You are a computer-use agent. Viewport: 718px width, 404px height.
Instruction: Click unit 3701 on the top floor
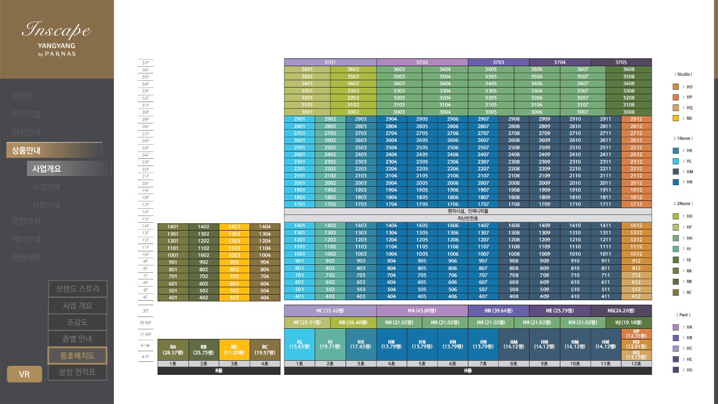pos(330,62)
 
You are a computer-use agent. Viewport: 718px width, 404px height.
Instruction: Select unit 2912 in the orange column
pos(636,120)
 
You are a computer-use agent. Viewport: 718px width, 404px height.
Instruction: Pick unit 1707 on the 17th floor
pos(483,204)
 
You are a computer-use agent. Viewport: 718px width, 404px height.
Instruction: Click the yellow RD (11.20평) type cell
pos(234,350)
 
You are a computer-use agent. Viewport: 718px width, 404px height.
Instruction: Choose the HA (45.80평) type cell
pos(422,310)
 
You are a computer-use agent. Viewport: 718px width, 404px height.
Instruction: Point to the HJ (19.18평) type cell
pos(629,323)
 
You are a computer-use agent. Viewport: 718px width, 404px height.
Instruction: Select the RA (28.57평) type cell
pos(173,350)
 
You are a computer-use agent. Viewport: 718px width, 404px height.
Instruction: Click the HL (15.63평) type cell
pos(299,344)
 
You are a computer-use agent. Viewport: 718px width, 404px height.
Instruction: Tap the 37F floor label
pos(145,63)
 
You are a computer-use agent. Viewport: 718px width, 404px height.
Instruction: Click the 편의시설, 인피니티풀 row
pos(468,212)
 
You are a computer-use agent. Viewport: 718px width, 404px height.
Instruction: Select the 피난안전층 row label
pos(468,218)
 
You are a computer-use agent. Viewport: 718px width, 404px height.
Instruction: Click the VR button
pos(24,374)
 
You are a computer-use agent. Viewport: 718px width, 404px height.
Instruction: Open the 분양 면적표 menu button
pos(77,372)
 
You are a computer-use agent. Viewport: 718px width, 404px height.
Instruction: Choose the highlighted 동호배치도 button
pos(77,356)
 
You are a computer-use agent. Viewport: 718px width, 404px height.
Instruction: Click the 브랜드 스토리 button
pos(77,289)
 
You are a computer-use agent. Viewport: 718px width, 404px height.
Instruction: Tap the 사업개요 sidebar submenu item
pos(47,168)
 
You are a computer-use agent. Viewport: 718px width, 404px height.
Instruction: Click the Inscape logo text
pos(56,29)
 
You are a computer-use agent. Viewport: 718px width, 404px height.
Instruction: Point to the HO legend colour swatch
pos(676,87)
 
